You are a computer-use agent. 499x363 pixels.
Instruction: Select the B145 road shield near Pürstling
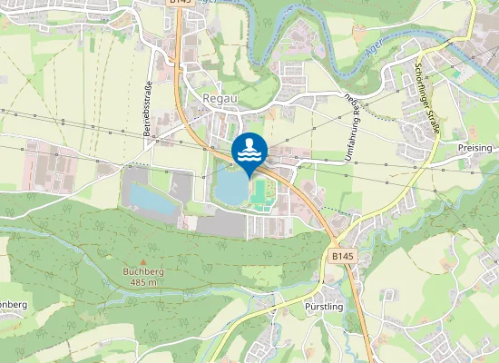pos(342,258)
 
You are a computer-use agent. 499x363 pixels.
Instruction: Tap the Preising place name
pos(475,148)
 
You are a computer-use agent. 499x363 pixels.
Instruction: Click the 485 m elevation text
pos(141,282)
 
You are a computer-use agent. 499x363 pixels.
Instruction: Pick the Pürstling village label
pos(324,307)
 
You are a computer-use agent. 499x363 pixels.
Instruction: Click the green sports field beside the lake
pos(262,191)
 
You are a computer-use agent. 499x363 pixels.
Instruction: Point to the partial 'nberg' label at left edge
pos(13,303)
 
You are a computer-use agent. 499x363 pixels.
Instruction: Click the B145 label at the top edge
pos(181,4)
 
